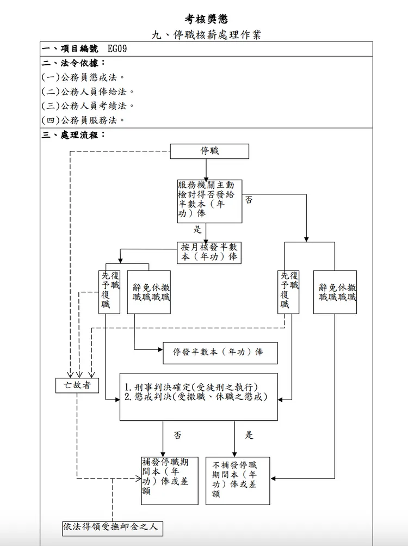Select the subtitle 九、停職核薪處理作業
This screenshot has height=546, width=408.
click(206, 35)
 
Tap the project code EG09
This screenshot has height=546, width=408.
click(118, 49)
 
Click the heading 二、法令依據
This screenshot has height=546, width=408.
click(74, 63)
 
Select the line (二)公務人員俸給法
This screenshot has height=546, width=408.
click(88, 91)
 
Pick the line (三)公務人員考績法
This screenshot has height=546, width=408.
click(88, 106)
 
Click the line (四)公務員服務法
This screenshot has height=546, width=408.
click(84, 120)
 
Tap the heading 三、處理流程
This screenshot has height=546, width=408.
click(74, 134)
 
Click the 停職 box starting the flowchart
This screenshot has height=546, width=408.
click(209, 151)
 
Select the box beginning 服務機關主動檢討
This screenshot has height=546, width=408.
click(209, 201)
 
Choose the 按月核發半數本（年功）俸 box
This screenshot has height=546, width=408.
click(209, 253)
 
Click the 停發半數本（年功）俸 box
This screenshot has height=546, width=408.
click(220, 352)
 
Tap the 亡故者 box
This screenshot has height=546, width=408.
click(77, 385)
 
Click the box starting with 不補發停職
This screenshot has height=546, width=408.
click(238, 480)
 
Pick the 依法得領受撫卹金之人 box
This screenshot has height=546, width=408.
click(113, 527)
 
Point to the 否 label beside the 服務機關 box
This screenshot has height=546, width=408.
click(249, 200)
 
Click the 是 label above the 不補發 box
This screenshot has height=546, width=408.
click(249, 435)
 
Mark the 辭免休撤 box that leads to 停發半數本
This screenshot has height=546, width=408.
click(149, 292)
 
